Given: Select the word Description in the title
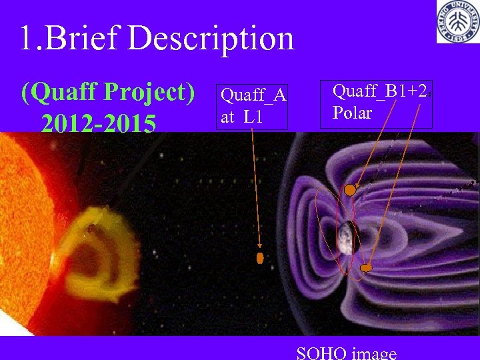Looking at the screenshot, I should point(211,39).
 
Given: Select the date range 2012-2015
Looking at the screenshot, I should point(98,123).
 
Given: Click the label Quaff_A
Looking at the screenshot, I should point(253,97).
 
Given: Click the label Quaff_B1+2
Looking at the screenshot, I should point(380,91).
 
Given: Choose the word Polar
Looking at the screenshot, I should point(352,113).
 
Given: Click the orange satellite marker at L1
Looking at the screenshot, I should point(260,257).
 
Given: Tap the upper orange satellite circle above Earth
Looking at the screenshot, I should point(350,191).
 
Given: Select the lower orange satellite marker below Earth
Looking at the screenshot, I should point(365,268).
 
